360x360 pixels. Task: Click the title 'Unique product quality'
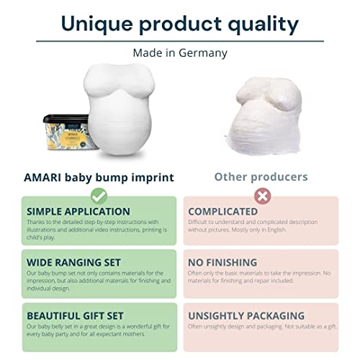pyautogui.click(x=179, y=23)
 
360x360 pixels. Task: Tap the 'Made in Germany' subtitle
pyautogui.click(x=179, y=53)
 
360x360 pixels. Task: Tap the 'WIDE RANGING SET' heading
pyautogui.click(x=66, y=262)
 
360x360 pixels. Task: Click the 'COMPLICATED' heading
pyautogui.click(x=222, y=212)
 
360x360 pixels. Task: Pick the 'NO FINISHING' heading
pyautogui.click(x=223, y=262)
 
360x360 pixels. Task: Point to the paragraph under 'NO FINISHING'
pyautogui.click(x=263, y=279)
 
